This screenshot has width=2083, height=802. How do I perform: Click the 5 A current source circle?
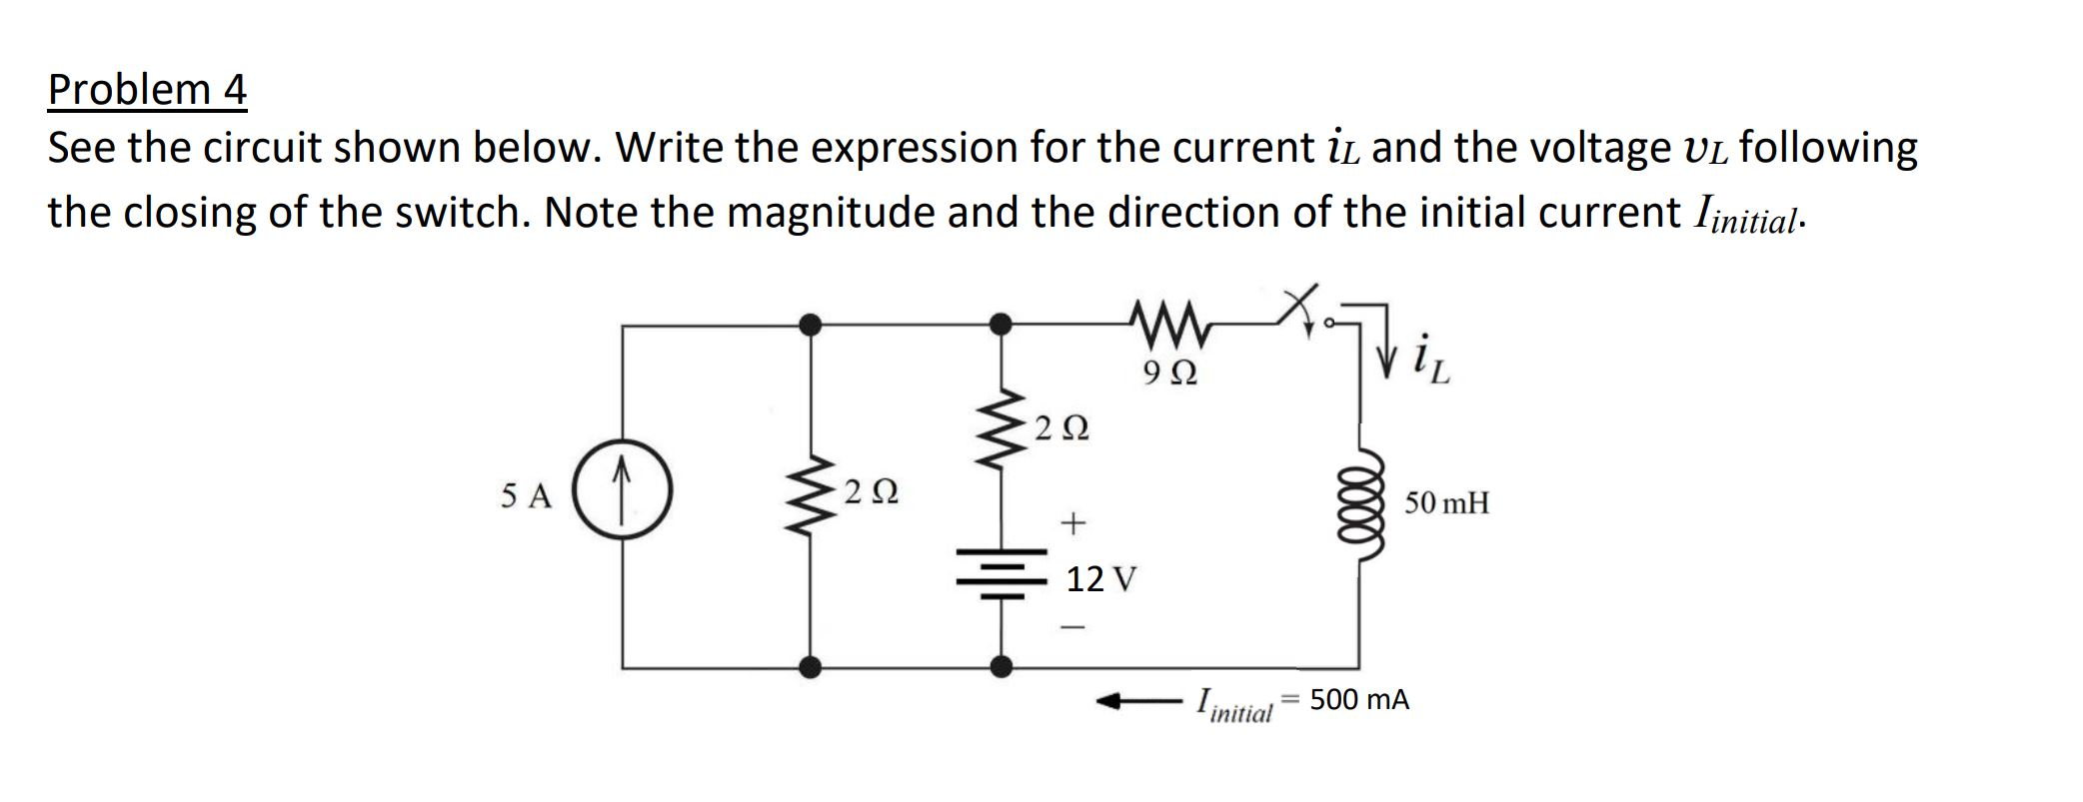tap(622, 492)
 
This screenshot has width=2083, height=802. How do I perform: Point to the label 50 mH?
tap(1446, 502)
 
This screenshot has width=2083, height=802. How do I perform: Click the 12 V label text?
tap(1101, 578)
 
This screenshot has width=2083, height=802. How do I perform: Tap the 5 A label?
tap(526, 495)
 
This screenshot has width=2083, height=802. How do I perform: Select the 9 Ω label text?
tap(1168, 374)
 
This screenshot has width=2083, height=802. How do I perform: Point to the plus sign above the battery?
tap(1071, 521)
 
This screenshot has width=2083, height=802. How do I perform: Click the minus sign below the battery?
tap(1071, 628)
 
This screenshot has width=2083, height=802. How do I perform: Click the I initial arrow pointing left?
tap(1139, 702)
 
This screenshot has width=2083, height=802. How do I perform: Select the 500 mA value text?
tap(1359, 700)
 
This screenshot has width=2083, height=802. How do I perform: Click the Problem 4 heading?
tap(147, 90)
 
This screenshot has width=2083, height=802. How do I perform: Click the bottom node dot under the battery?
tap(1000, 666)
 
